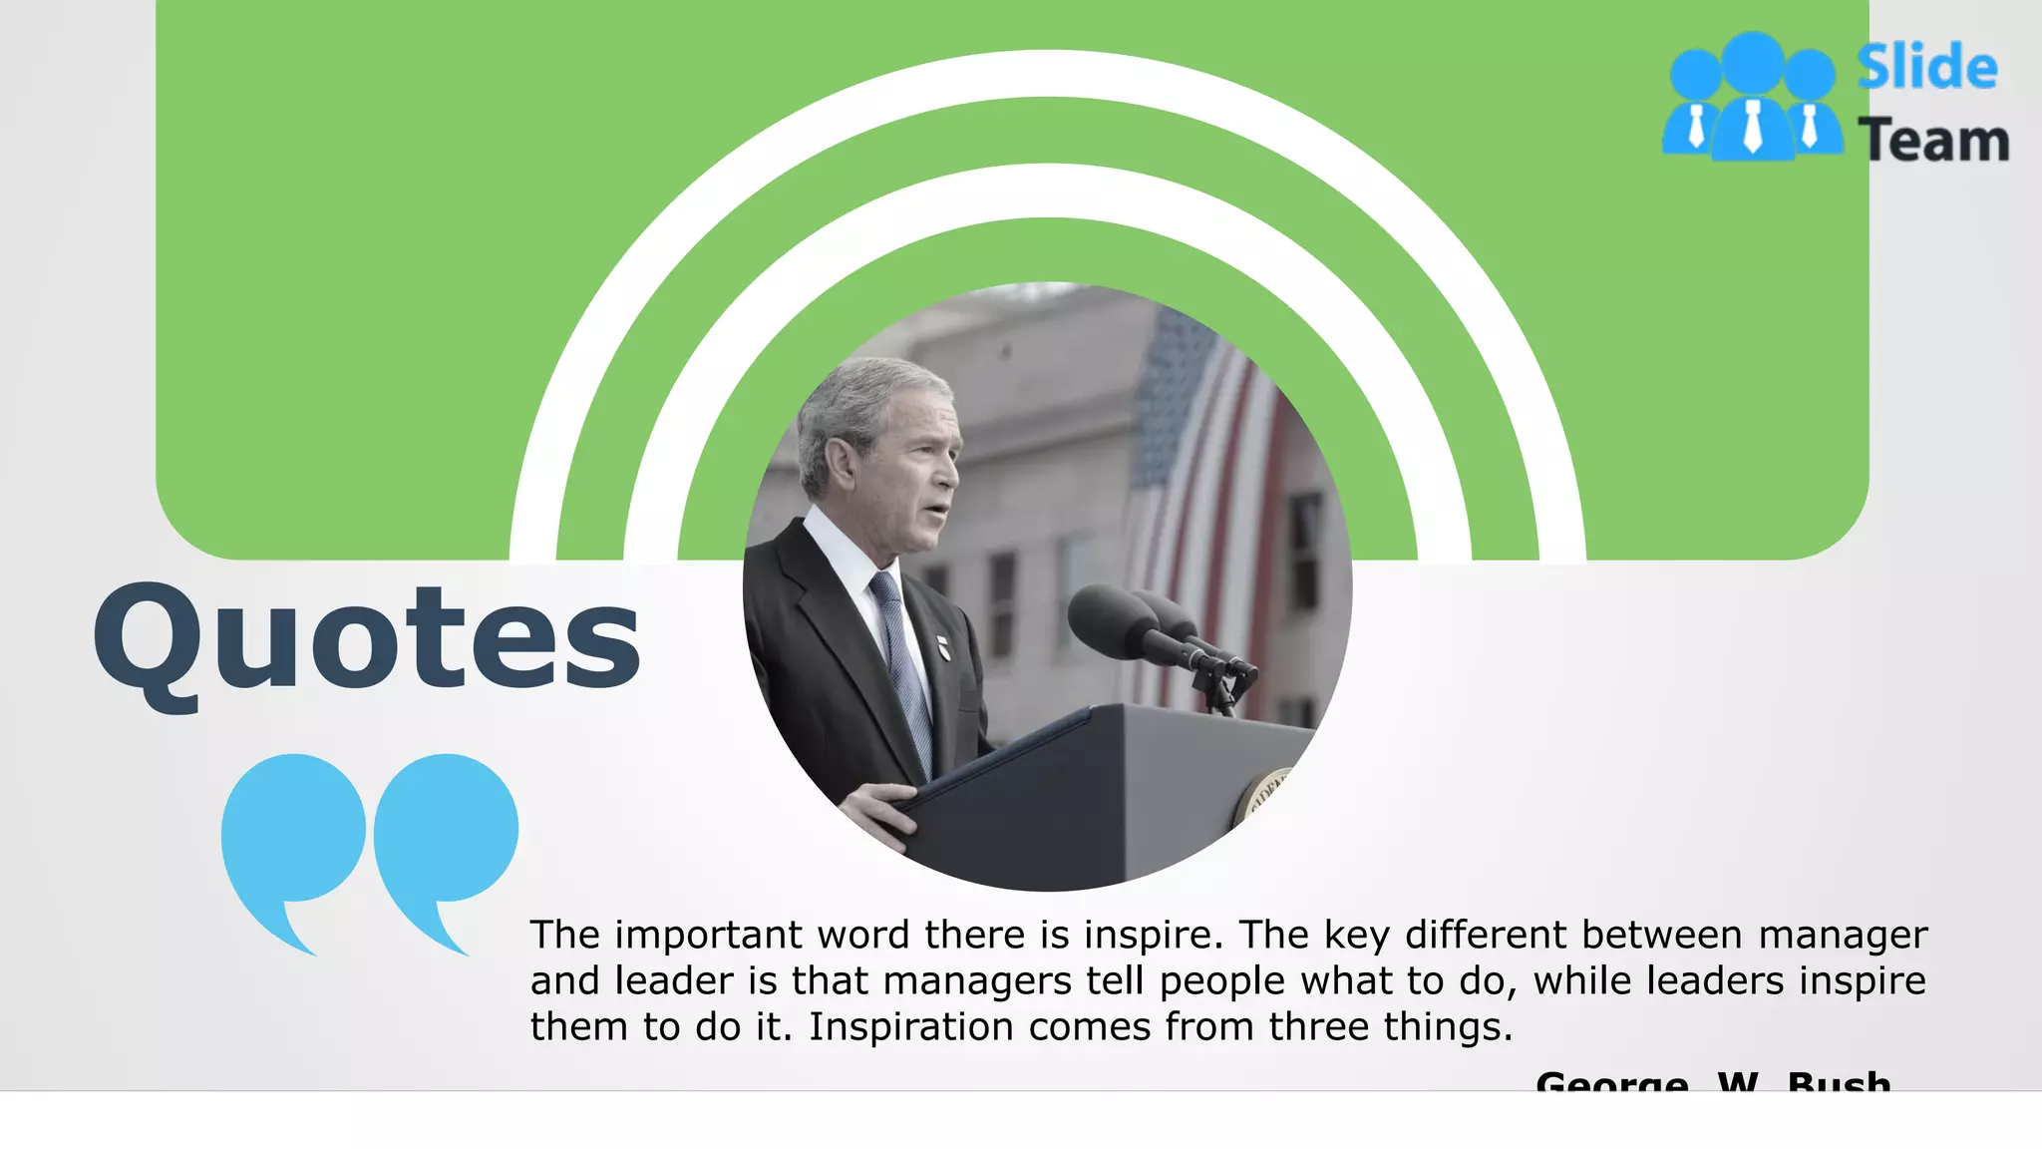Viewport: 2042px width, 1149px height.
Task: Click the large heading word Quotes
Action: [x=367, y=638]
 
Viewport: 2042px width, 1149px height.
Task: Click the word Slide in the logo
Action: [x=1926, y=68]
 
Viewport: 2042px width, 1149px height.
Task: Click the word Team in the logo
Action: [x=1932, y=140]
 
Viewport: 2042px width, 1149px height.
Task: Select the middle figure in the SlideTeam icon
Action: [x=1753, y=100]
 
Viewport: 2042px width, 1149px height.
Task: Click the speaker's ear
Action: [x=841, y=464]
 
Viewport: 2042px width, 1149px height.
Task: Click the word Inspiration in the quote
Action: [x=910, y=1027]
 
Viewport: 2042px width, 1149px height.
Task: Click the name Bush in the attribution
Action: [x=1839, y=1081]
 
